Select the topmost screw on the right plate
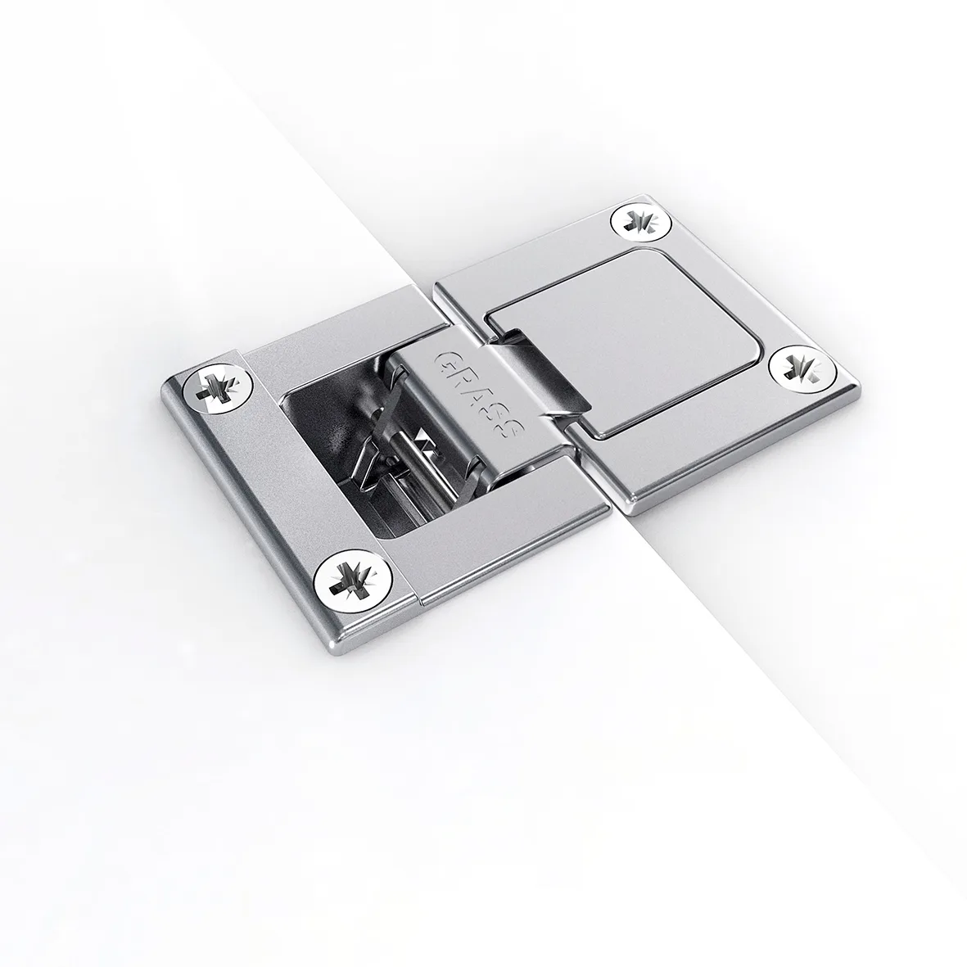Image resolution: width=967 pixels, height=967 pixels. [x=638, y=221]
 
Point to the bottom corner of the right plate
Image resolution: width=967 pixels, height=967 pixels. [x=627, y=512]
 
